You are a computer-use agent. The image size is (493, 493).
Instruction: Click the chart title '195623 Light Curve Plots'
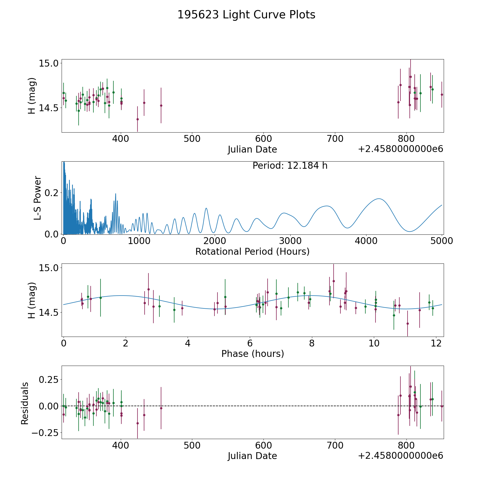coord(246,15)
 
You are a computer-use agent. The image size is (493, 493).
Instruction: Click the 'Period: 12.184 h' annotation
coord(290,166)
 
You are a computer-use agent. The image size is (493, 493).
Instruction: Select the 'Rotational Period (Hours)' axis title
coord(252,251)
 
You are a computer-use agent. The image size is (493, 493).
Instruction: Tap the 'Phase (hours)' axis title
coord(253,354)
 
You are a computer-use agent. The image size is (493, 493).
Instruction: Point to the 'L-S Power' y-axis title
coord(38,198)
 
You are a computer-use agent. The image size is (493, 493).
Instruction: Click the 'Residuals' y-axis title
coord(25,403)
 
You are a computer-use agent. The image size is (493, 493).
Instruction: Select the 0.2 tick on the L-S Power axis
coord(52,193)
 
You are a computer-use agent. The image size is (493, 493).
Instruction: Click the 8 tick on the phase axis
coord(312,343)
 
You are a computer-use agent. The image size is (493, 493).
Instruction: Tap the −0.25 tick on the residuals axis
coord(45,433)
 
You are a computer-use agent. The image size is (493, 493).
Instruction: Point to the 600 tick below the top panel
coord(263,139)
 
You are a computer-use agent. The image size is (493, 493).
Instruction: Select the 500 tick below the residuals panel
coord(192,445)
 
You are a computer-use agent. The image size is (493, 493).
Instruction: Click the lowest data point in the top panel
coord(137,119)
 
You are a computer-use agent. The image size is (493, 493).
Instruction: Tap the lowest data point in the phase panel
coord(408,323)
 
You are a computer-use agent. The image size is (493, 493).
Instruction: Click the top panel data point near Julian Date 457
coord(161,105)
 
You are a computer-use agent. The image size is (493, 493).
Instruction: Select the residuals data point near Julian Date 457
coord(161,408)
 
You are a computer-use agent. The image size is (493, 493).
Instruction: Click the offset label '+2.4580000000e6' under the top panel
coord(400,149)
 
